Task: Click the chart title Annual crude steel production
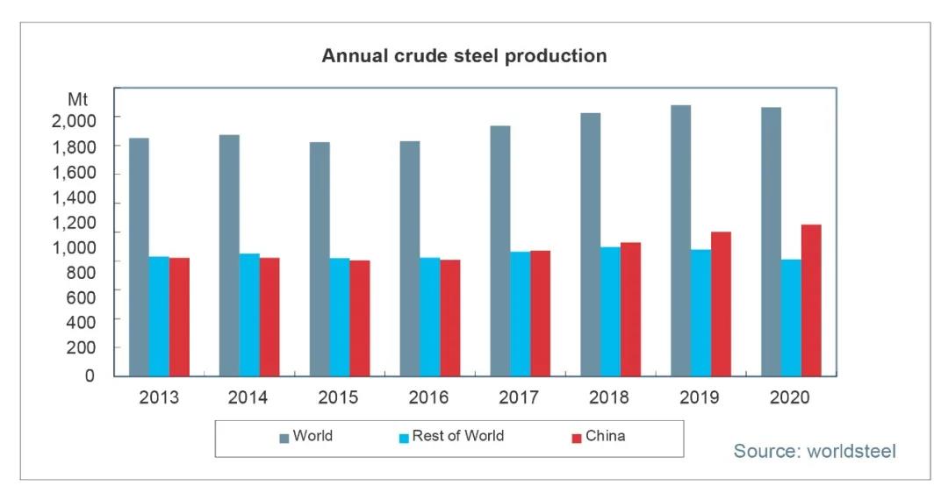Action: tap(464, 56)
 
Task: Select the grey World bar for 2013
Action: tap(139, 256)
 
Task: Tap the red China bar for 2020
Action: tap(811, 300)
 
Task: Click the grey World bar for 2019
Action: tap(680, 240)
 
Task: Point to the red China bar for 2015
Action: tap(359, 318)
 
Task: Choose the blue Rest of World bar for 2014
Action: tap(249, 314)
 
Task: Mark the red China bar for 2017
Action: tap(540, 312)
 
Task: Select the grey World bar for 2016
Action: tap(410, 258)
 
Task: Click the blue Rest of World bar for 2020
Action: tap(791, 317)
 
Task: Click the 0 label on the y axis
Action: tap(90, 376)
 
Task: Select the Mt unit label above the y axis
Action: tap(78, 99)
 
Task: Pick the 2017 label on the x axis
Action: tap(519, 397)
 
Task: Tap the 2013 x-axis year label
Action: tap(159, 397)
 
